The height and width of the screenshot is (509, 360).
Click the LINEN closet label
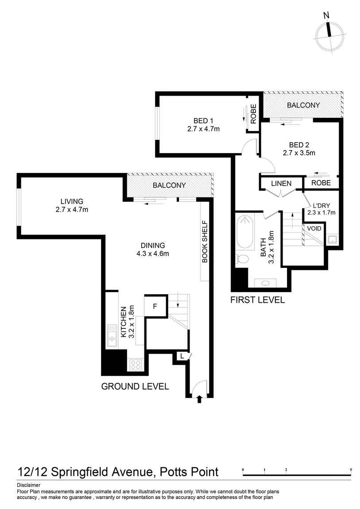click(x=281, y=183)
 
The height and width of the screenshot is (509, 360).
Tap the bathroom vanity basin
click(x=266, y=283)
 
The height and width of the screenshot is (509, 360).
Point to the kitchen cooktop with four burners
click(x=135, y=365)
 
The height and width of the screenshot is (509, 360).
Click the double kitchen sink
click(x=112, y=335)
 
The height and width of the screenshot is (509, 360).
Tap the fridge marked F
click(x=155, y=306)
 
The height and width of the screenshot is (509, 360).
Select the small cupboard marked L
click(x=182, y=355)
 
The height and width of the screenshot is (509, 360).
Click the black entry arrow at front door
click(x=199, y=399)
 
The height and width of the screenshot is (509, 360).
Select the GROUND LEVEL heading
click(x=135, y=386)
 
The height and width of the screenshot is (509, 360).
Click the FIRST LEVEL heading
click(x=257, y=300)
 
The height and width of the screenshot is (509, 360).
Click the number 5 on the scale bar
click(x=351, y=469)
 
